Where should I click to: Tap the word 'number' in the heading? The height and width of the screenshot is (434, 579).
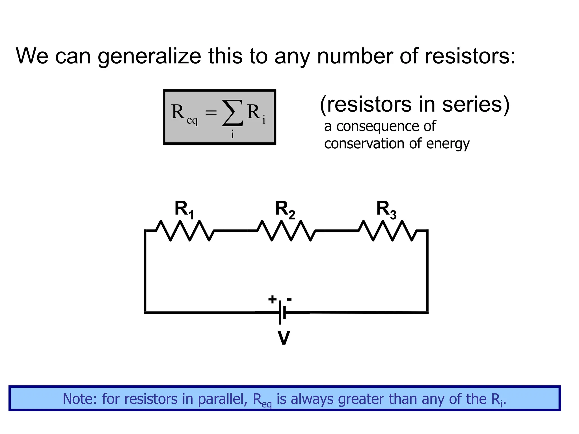coord(355,56)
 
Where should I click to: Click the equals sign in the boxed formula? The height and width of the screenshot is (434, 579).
coord(211,113)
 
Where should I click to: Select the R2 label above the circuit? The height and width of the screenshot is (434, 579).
coord(285,210)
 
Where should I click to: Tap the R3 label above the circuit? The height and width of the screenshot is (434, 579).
coord(386,210)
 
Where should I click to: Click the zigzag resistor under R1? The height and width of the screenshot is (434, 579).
coord(185,231)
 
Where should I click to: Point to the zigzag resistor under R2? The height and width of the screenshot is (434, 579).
coord(286,231)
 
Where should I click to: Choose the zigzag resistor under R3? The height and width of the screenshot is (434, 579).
coord(388,231)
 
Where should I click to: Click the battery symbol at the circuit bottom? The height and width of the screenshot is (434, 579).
coord(282,313)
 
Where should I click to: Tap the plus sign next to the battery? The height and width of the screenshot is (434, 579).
coord(272,300)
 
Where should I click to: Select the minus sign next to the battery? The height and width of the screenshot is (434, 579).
coord(289,299)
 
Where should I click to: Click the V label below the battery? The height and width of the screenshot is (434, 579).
coord(284,338)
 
